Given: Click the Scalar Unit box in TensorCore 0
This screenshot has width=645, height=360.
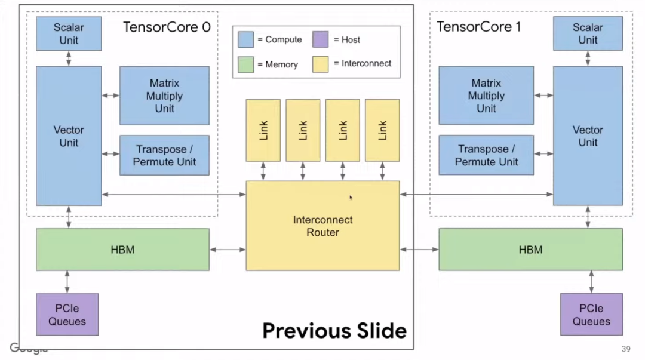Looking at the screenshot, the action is [69, 34].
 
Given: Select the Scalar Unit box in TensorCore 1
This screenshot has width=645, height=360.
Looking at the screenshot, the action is [588, 34].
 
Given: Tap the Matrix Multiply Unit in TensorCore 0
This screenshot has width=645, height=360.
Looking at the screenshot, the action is [165, 96].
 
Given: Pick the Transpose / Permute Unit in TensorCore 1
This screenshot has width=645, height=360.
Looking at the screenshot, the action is [486, 155].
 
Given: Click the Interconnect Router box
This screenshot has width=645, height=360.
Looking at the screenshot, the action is [322, 226].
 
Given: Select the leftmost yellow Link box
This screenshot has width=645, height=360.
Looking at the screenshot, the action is [263, 130].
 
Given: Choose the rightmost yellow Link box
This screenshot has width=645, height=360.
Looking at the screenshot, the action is [382, 130].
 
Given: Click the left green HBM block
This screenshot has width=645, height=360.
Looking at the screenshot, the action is [122, 250].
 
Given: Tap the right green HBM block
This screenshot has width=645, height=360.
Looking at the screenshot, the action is [531, 250].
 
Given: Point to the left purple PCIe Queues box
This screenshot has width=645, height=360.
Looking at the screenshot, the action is [67, 315].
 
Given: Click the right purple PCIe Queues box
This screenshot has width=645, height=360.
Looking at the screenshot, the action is [591, 315].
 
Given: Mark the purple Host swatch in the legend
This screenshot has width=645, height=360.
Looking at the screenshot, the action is [321, 39].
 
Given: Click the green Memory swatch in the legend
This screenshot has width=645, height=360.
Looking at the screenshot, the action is [246, 64].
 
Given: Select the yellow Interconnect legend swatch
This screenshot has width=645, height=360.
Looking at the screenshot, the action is [321, 64].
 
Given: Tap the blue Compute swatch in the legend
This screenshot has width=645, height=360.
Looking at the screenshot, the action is [246, 39].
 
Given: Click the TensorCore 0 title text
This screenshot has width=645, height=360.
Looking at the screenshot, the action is [167, 27].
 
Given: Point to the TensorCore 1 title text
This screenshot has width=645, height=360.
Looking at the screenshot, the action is [478, 27].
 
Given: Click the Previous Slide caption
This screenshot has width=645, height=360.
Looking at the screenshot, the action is [334, 331].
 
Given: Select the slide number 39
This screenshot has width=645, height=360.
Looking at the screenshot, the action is [626, 349].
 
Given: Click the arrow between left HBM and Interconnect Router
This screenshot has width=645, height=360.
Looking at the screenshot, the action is [228, 250].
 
